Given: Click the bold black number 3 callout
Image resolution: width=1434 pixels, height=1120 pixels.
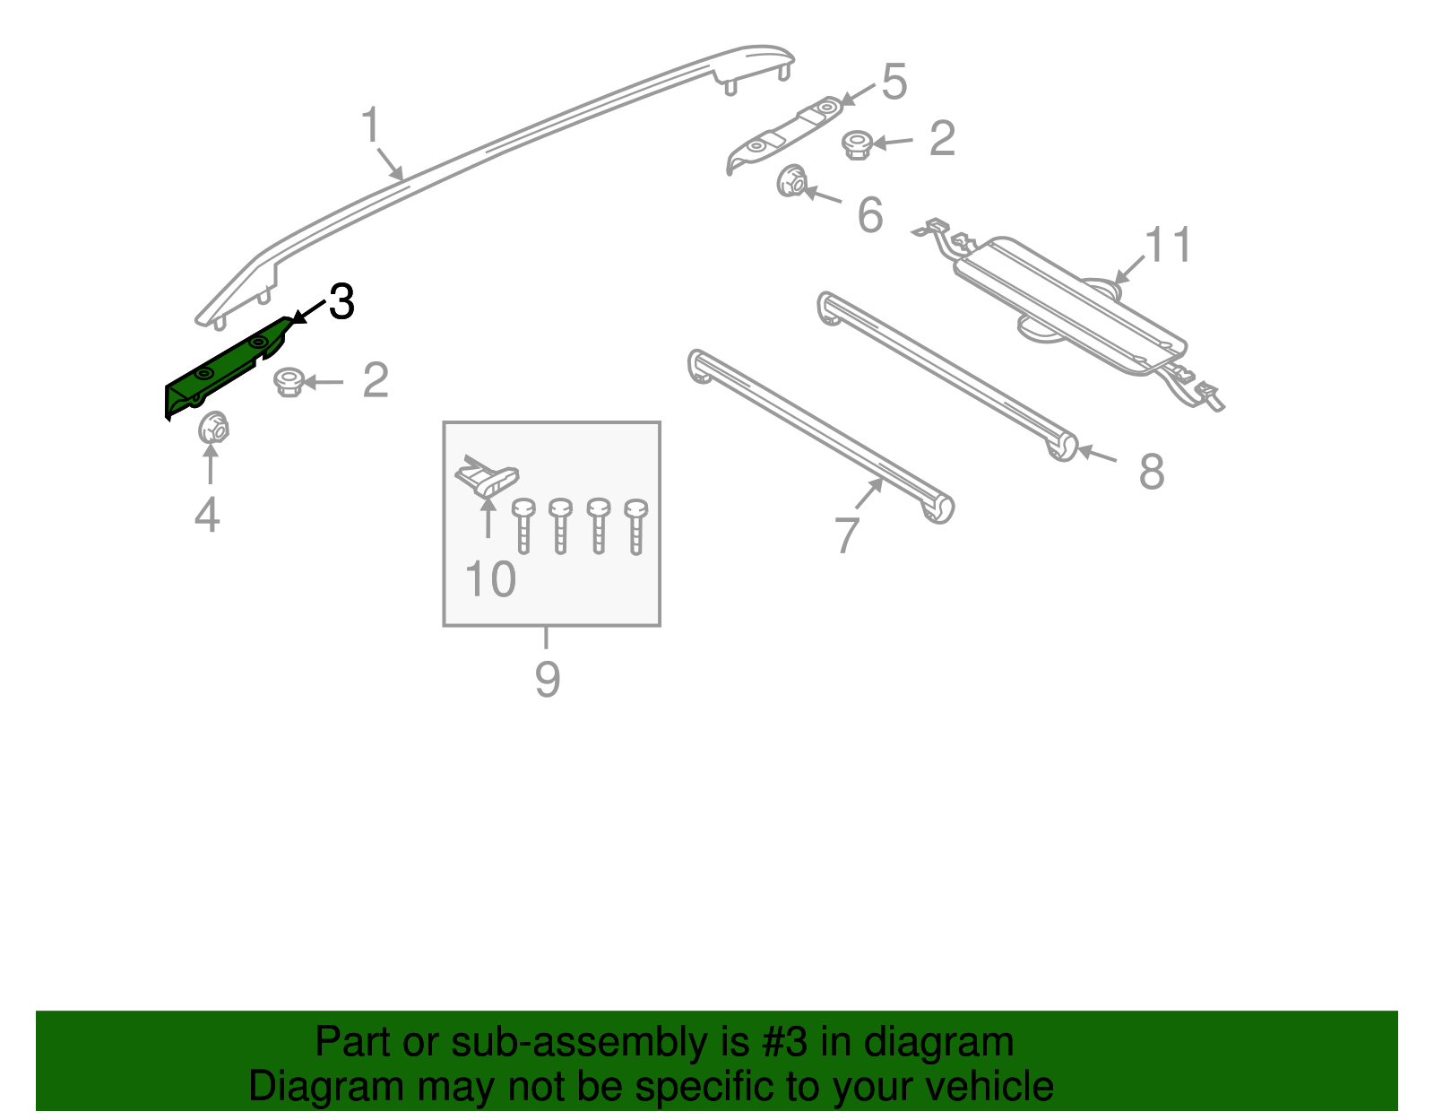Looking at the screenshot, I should [341, 302].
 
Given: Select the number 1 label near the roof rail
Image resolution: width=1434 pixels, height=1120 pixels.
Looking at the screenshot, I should [371, 126].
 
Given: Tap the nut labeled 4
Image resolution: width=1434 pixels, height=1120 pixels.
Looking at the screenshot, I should [212, 428].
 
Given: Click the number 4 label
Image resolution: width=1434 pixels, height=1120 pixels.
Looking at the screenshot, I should [207, 515].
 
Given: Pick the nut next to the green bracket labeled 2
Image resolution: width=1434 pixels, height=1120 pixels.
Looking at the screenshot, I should [288, 382].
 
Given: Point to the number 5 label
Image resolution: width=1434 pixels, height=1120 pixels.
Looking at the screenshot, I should [894, 82].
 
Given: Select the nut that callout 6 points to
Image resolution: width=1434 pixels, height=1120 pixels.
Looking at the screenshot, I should [791, 182].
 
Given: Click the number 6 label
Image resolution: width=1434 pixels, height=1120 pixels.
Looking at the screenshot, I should [869, 215].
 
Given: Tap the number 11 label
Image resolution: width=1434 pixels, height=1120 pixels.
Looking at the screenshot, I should [1169, 245].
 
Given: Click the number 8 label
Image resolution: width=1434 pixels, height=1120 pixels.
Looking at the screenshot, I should [1152, 472].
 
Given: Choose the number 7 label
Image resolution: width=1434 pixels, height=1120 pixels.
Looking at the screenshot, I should [847, 535].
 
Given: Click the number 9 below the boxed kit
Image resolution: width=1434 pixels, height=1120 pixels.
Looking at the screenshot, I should [548, 679].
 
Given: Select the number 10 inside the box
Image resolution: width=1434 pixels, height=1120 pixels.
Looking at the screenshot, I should [490, 579].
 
